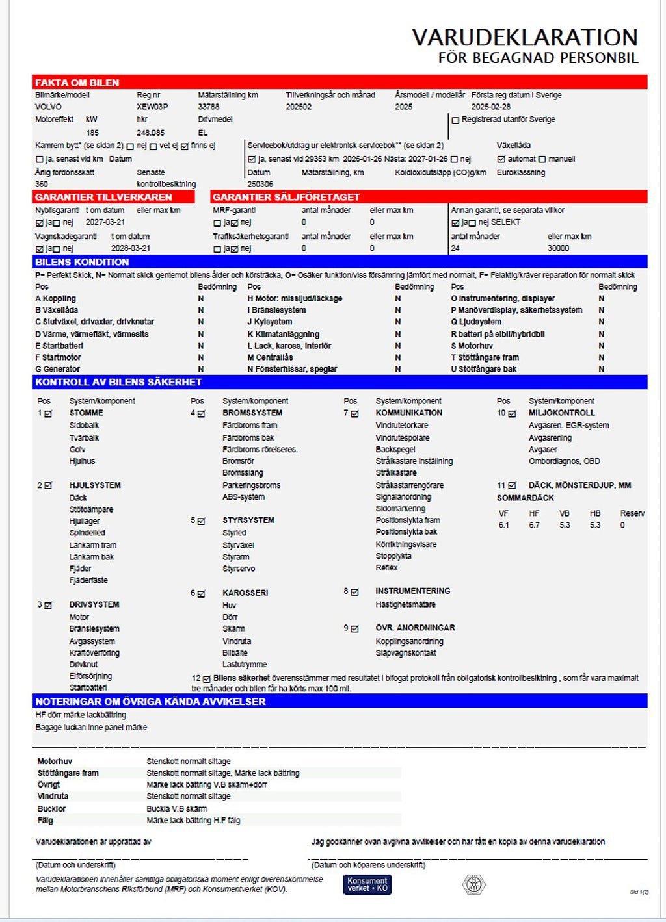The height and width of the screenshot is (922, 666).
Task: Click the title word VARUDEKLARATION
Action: click(x=524, y=37)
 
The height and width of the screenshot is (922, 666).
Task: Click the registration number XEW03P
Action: click(x=152, y=107)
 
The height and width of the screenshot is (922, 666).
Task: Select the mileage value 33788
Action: click(x=209, y=107)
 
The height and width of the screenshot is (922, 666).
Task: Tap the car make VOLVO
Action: click(x=48, y=107)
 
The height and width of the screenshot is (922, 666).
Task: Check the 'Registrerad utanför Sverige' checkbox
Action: click(x=455, y=120)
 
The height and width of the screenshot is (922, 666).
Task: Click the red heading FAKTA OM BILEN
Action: click(x=77, y=83)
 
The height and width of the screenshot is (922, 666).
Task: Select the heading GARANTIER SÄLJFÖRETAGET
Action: click(x=286, y=197)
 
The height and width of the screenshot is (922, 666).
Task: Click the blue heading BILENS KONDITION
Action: click(x=82, y=262)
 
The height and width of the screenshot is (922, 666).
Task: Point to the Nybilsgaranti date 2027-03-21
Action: click(x=105, y=222)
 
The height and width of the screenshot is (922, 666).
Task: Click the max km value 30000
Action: click(x=558, y=248)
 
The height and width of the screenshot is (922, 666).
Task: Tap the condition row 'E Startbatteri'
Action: click(x=59, y=346)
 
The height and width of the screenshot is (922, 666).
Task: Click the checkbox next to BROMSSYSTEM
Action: click(x=202, y=413)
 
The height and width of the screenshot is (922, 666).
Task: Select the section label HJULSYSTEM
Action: click(x=95, y=485)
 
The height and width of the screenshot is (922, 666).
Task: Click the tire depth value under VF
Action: click(x=504, y=525)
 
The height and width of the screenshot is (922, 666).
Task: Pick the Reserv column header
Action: click(x=632, y=513)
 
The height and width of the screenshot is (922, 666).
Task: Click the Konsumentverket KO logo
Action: click(x=367, y=884)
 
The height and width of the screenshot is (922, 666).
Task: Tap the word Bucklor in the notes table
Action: click(x=51, y=809)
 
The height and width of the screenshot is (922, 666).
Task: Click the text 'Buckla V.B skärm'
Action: click(x=177, y=809)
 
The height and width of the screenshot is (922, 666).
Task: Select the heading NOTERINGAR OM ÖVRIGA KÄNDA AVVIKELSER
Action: click(x=150, y=702)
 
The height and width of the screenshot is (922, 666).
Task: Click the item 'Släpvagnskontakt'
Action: click(x=406, y=653)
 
